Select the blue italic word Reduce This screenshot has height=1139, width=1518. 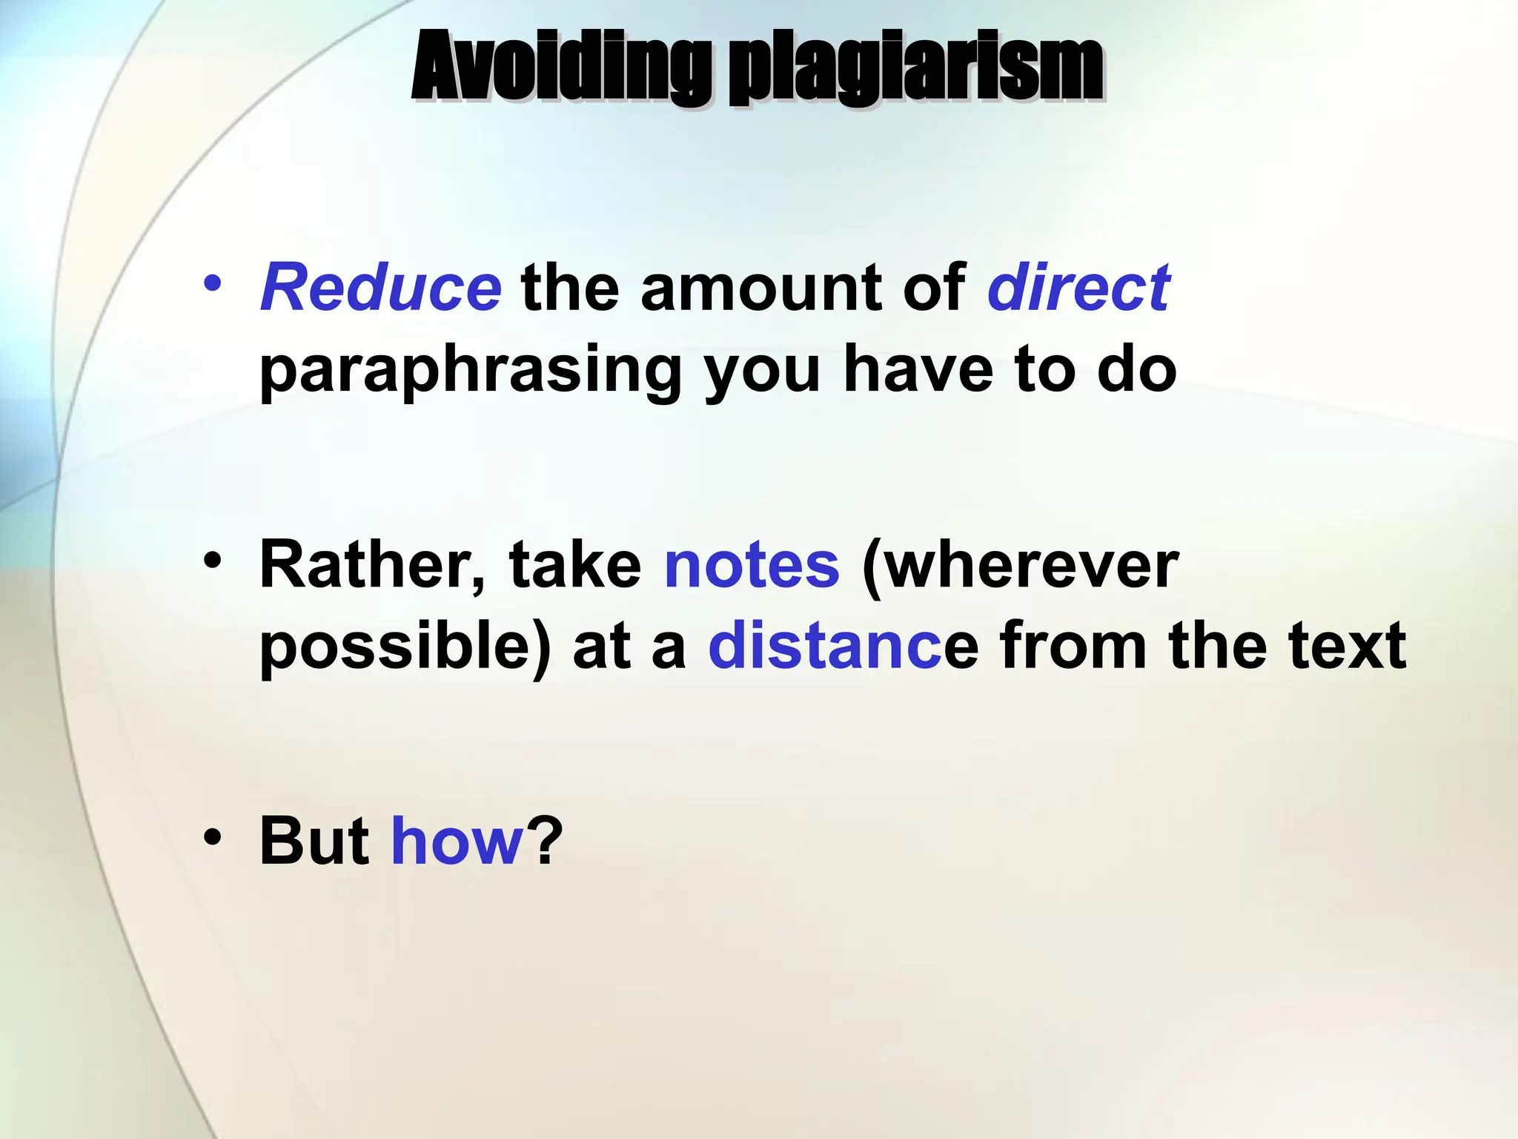(381, 288)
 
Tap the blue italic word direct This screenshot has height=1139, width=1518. (1078, 288)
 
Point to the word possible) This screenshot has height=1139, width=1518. (405, 647)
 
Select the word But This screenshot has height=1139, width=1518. (314, 841)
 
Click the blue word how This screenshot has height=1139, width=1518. (457, 841)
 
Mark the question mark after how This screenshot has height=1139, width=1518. (546, 841)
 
